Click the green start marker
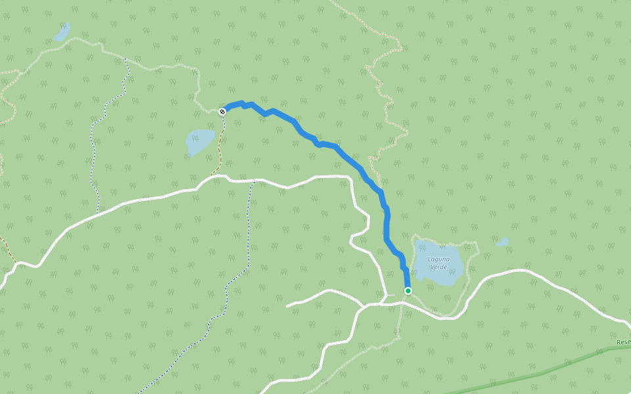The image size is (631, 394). pyautogui.click(x=408, y=290)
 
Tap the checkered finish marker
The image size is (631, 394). pyautogui.click(x=222, y=111)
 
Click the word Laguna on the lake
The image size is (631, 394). pyautogui.click(x=438, y=259)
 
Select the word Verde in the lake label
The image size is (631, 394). pyautogui.click(x=438, y=267)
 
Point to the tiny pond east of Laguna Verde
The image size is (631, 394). pyautogui.click(x=502, y=242)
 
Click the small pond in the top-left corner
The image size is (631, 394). pyautogui.click(x=62, y=32)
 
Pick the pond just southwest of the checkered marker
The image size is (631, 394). pyautogui.click(x=200, y=142)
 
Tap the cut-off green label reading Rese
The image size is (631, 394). pyautogui.click(x=623, y=342)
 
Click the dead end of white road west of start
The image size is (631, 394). pyautogui.click(x=288, y=306)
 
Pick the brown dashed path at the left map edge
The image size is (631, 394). pyautogui.click(x=8, y=246)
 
